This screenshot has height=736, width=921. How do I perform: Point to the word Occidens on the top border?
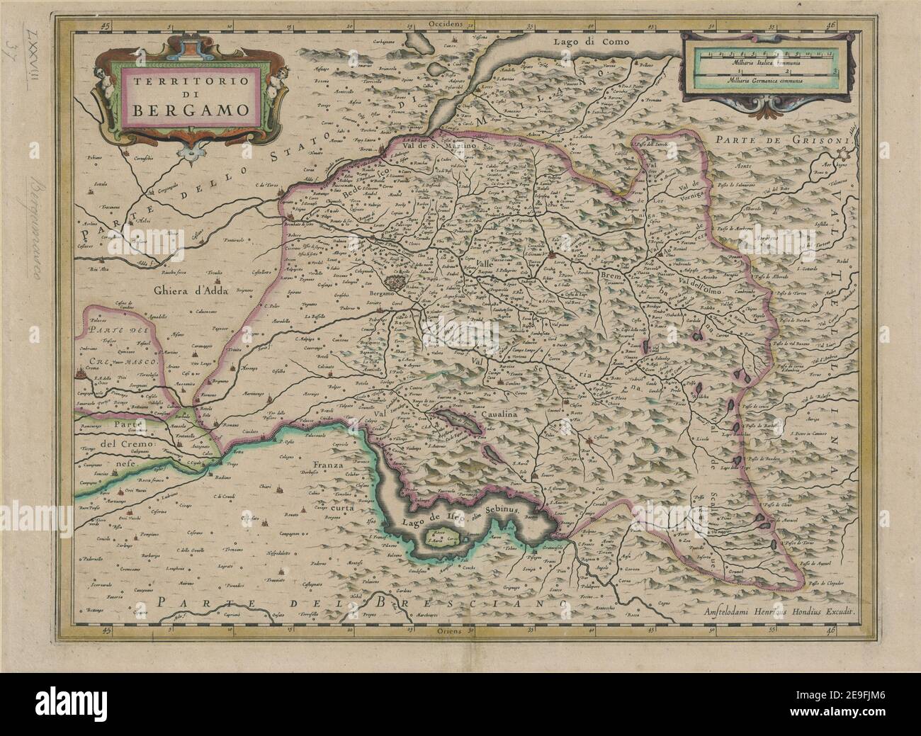446,23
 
